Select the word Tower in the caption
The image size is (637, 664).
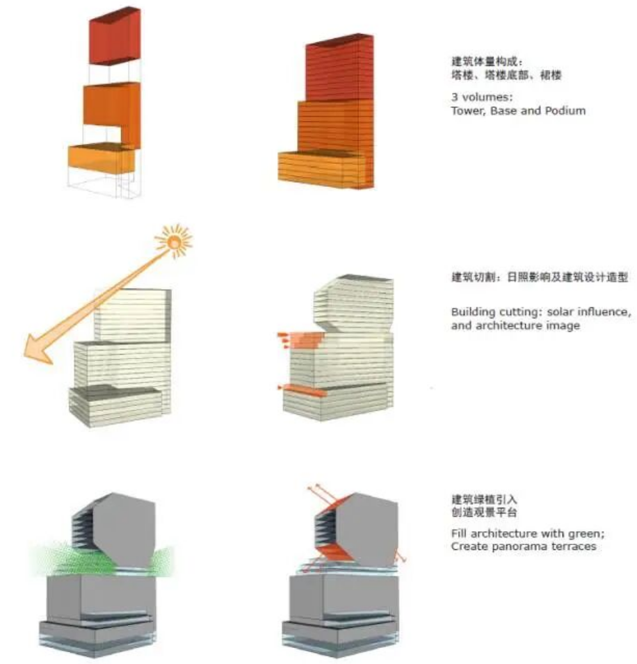tap(467, 111)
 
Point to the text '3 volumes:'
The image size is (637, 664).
tap(482, 97)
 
